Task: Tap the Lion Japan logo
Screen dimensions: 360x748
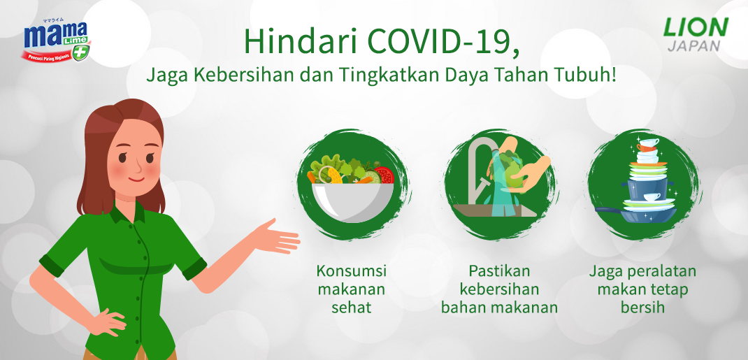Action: pos(695,34)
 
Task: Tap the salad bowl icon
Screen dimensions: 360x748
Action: pos(352,189)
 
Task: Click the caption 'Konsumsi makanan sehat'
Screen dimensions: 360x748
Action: pos(352,288)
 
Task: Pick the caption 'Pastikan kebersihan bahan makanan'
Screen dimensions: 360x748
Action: pos(499,288)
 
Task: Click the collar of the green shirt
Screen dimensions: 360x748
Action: pos(129,213)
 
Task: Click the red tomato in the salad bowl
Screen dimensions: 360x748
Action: pos(384,174)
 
